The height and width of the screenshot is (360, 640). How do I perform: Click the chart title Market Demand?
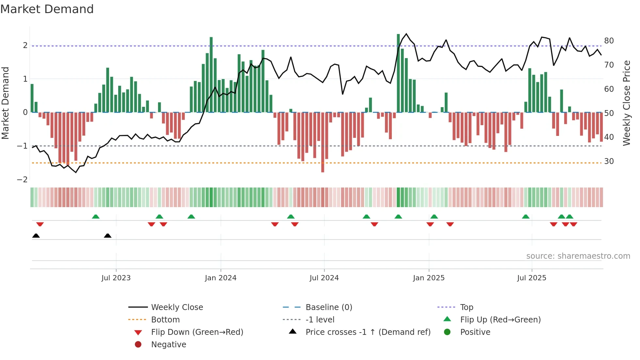click(47, 9)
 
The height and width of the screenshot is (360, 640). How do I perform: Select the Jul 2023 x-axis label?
click(116, 278)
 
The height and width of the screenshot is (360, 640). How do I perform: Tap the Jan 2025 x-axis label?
click(428, 278)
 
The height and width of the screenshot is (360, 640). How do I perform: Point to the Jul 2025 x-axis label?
click(532, 278)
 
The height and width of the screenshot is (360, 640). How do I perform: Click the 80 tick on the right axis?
click(609, 41)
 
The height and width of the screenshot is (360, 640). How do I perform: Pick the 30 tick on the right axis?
click(609, 161)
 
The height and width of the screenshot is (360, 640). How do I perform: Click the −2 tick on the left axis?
click(22, 180)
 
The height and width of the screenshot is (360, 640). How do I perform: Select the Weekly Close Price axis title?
click(626, 103)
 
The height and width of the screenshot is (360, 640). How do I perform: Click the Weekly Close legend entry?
click(177, 307)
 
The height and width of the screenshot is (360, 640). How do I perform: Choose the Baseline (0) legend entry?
click(328, 307)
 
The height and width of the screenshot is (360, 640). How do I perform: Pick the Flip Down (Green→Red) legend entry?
click(197, 332)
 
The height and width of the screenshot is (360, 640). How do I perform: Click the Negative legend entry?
click(168, 345)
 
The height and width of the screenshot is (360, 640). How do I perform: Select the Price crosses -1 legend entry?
click(368, 332)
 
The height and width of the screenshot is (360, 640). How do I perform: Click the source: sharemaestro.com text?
click(578, 256)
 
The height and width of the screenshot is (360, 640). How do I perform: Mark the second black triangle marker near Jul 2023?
click(107, 236)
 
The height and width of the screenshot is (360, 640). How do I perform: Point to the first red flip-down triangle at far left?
click(40, 224)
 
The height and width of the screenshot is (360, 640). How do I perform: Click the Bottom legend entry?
click(165, 320)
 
